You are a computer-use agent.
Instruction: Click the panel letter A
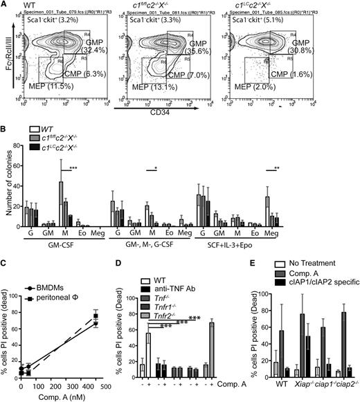click(x=5, y=5)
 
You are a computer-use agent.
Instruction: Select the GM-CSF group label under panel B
click(x=59, y=244)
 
